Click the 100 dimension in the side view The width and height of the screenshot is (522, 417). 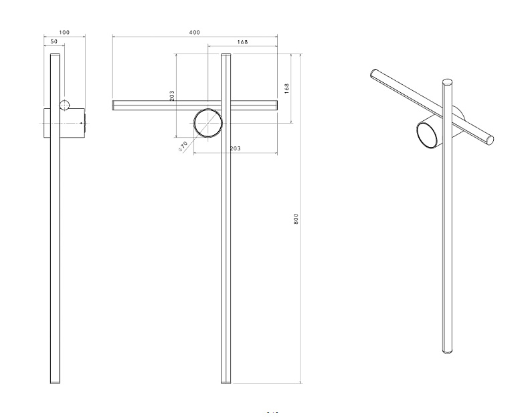(64, 32)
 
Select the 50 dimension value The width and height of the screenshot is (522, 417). (54, 41)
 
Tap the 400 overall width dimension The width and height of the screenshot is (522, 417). (195, 32)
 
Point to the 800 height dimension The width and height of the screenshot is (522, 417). (296, 219)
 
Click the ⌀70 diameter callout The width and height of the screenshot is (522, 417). (183, 146)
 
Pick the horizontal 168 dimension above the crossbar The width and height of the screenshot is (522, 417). (242, 42)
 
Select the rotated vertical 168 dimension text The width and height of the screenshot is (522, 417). (286, 88)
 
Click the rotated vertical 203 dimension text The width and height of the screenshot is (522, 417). (172, 96)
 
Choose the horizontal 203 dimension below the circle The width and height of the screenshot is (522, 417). (236, 148)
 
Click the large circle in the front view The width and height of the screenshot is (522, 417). (208, 110)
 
